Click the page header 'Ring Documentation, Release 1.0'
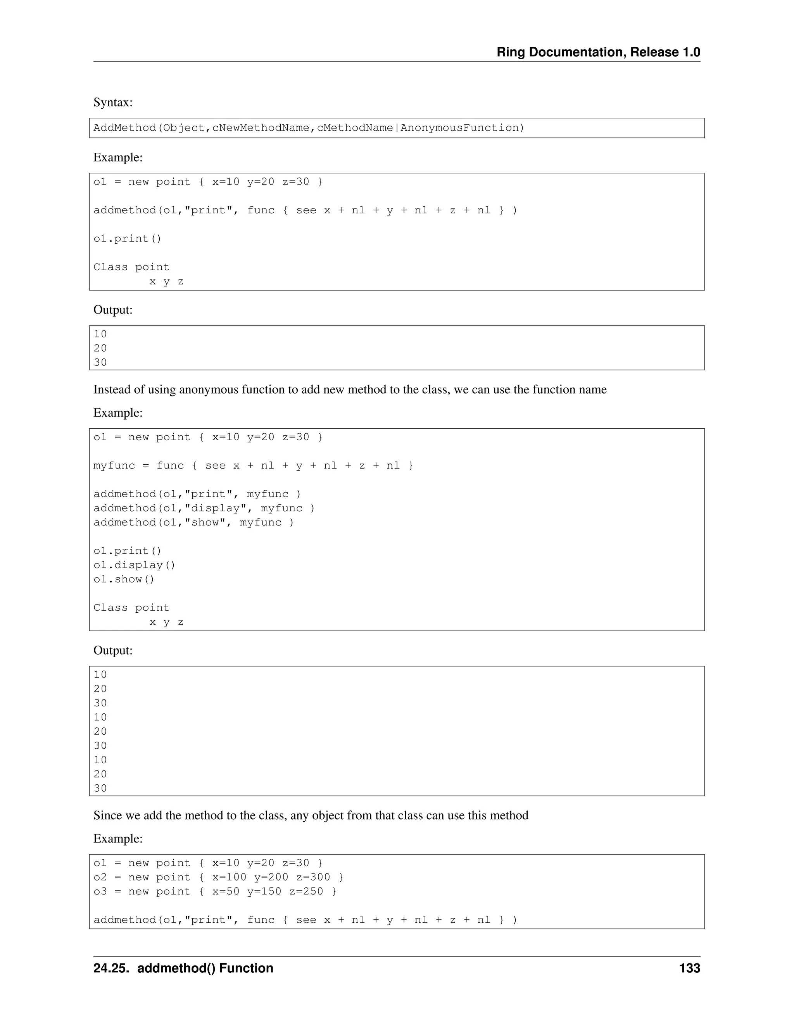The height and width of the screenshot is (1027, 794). point(598,52)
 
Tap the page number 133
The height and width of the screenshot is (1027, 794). point(690,968)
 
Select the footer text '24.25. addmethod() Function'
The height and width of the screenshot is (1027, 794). point(183,968)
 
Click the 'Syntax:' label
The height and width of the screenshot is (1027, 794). point(113,102)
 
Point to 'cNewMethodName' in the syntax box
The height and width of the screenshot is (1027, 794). point(261,128)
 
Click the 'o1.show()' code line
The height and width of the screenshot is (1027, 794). point(124,579)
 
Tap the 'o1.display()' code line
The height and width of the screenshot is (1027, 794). point(134,565)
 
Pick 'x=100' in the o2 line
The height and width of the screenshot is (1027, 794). point(229,877)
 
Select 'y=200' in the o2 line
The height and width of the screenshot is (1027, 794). point(271,877)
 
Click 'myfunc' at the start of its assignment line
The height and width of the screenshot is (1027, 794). point(114,466)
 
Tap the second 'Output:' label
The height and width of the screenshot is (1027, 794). point(113,650)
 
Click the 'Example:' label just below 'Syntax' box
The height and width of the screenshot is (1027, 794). point(117,157)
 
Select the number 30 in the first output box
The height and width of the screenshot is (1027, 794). point(100,363)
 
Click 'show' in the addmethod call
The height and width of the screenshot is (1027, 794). point(205,522)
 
